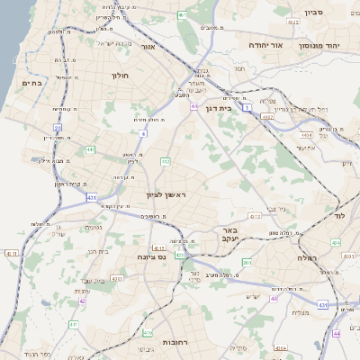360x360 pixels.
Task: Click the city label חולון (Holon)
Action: pos(121,76)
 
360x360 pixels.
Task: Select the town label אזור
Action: pos(148,46)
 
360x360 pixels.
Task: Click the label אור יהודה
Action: pos(264,45)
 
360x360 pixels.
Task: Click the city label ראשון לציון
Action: pos(165,194)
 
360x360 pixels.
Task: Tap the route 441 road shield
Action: pos(90,149)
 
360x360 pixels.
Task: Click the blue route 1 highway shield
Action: pos(247,108)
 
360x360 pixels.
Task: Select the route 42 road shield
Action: pos(82,301)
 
